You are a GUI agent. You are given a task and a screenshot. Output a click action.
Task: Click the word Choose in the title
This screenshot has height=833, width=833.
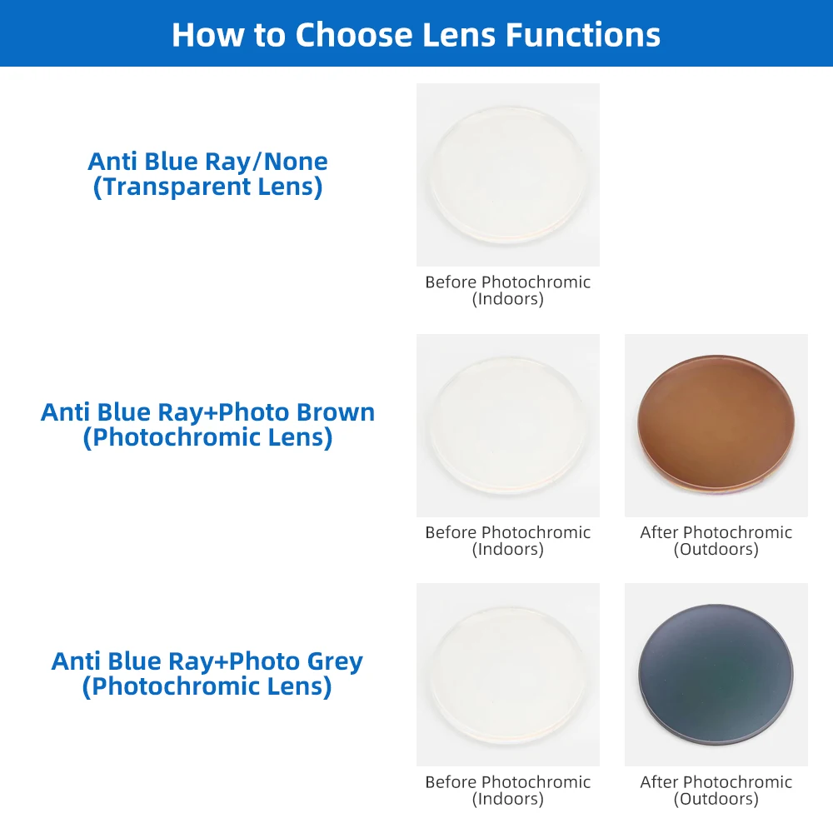(x=354, y=35)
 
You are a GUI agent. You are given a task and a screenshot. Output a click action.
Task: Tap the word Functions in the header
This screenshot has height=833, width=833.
(x=583, y=35)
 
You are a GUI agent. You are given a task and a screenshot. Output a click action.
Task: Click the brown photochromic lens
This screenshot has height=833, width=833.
(x=716, y=422)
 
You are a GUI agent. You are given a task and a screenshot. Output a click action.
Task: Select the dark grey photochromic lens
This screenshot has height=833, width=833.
(x=716, y=672)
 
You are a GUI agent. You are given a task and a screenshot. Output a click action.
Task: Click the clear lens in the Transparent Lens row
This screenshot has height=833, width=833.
(x=508, y=174)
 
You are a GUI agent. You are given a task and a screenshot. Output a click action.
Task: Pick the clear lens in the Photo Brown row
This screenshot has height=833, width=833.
(x=508, y=425)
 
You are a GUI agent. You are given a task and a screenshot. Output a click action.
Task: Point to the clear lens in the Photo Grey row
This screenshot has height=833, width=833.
(x=508, y=675)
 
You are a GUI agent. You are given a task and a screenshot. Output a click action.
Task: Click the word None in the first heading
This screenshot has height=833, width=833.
(x=296, y=162)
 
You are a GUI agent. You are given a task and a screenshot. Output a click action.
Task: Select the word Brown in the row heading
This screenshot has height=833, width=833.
(x=335, y=412)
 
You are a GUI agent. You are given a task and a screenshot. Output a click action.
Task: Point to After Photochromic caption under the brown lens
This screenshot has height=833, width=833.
(x=716, y=532)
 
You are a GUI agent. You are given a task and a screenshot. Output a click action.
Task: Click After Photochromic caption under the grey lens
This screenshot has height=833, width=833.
(x=716, y=782)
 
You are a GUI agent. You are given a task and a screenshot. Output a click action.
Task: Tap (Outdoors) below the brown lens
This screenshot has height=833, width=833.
(x=716, y=549)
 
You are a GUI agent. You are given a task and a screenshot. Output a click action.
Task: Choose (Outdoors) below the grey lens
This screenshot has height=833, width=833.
(x=716, y=799)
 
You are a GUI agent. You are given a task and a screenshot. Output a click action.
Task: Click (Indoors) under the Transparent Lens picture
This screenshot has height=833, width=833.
(x=508, y=299)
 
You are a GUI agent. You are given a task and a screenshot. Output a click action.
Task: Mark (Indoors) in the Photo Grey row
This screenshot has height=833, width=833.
(x=508, y=799)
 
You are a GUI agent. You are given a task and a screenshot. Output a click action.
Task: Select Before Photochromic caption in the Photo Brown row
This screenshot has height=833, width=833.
(x=508, y=532)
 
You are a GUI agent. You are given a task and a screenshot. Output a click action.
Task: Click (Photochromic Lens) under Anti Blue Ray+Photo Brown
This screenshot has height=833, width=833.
(x=207, y=438)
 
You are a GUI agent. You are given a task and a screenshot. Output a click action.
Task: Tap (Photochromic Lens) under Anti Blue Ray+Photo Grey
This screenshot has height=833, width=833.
(x=207, y=687)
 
